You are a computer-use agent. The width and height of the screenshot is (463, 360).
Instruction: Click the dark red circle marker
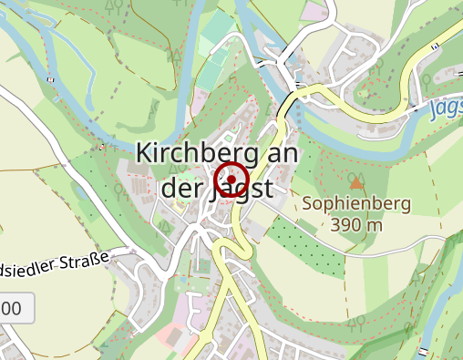pyautogui.click(x=232, y=179)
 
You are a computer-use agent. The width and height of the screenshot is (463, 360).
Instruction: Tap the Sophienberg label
pyautogui.click(x=356, y=203)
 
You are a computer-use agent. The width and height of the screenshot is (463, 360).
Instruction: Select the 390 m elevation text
pyautogui.click(x=356, y=224)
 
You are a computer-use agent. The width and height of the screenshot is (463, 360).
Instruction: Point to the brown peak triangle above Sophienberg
pyautogui.click(x=356, y=185)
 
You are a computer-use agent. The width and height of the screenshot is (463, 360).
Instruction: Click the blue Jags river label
pyautogui.click(x=444, y=108)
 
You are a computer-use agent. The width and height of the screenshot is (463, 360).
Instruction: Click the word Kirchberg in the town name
pyautogui.click(x=190, y=153)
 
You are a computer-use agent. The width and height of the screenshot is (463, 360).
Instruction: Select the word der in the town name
pyautogui.click(x=180, y=189)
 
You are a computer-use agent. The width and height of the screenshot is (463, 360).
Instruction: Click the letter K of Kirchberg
pyautogui.click(x=144, y=153)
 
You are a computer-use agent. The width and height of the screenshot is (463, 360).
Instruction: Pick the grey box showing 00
pyautogui.click(x=15, y=308)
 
